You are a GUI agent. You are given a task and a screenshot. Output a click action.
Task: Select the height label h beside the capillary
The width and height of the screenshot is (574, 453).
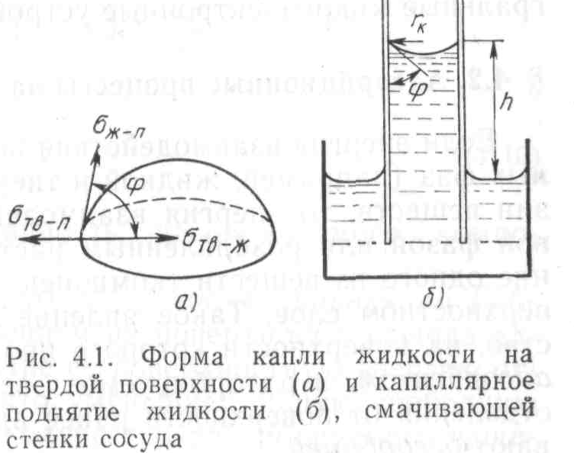[527, 101]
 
